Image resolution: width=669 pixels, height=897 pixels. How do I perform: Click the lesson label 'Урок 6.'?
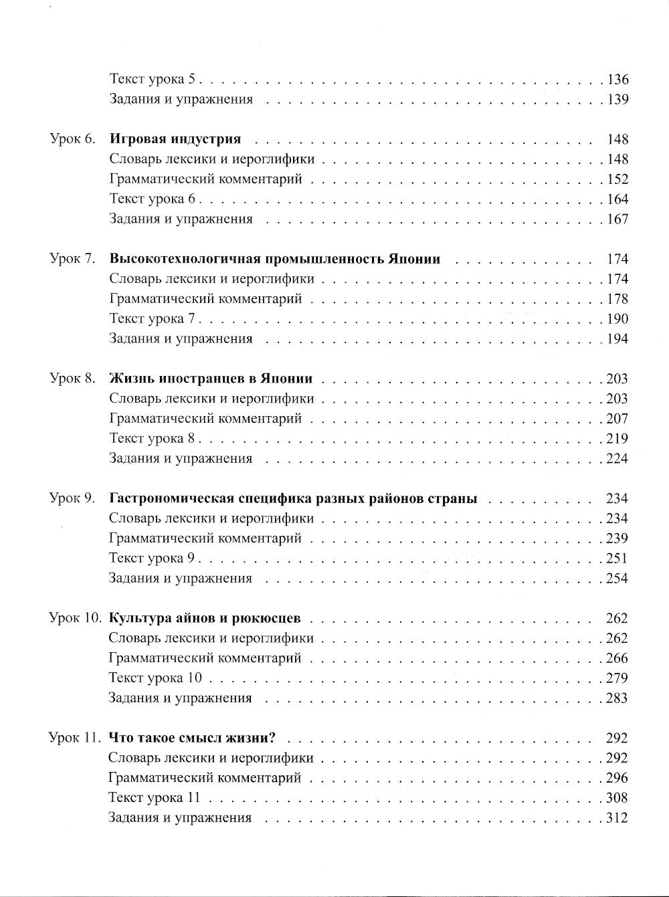click(74, 140)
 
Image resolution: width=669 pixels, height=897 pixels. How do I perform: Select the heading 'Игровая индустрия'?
click(175, 140)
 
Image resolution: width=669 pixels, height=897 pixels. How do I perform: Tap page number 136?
click(617, 80)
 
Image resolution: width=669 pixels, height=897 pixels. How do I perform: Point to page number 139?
click(617, 100)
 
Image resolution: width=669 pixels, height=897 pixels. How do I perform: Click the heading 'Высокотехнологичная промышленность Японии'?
click(274, 260)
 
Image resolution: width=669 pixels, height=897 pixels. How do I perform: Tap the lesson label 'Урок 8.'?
click(74, 379)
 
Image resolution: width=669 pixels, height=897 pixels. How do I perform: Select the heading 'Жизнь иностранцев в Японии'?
click(211, 379)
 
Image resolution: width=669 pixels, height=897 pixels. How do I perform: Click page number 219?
click(617, 439)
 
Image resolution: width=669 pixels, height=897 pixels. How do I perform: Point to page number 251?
click(617, 559)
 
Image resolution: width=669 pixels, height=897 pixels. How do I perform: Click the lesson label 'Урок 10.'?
click(76, 619)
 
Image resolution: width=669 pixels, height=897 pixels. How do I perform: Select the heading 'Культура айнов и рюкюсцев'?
click(205, 619)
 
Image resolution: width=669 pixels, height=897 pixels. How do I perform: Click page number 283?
click(617, 698)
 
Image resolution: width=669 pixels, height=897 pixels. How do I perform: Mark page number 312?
click(617, 818)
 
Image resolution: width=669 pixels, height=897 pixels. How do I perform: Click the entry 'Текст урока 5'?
click(152, 80)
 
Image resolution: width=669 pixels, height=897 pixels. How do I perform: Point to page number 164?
click(617, 199)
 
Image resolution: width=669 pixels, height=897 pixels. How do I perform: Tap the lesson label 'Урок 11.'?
click(75, 738)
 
